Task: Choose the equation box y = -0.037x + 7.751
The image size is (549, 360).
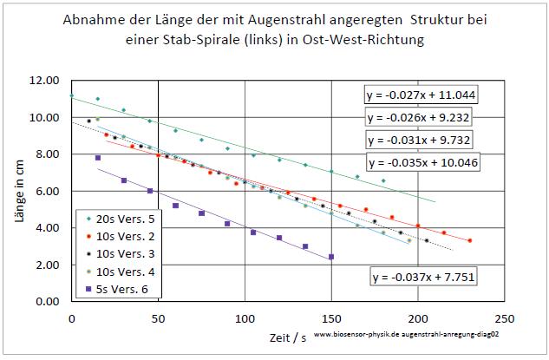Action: tap(422, 278)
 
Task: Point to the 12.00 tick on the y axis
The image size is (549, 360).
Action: tap(43, 81)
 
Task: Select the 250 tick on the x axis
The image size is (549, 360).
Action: tap(506, 318)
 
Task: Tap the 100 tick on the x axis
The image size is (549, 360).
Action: tap(245, 318)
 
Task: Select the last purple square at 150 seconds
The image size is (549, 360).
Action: tap(331, 257)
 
